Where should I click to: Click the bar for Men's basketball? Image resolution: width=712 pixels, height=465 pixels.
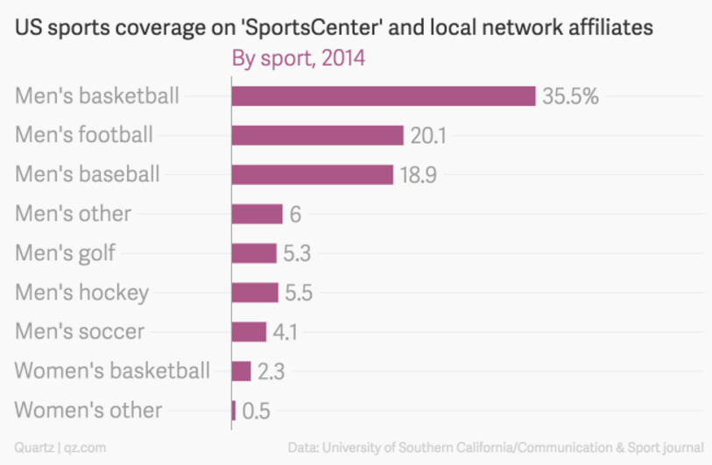pos(383,96)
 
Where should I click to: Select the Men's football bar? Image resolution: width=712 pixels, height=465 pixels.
pos(317,135)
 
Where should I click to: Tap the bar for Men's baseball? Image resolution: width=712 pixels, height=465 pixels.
pos(312,174)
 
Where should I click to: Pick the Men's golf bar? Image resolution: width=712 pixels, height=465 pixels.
pos(254,253)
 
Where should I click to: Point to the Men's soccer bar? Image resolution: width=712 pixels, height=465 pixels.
pos(249,332)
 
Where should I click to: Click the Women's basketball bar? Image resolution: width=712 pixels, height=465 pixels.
pos(241,371)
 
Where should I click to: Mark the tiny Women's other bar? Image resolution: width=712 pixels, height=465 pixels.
pos(234,410)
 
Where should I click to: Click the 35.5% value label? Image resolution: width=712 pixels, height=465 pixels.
pos(570,96)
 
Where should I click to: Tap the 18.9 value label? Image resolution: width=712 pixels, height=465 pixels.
pos(419,174)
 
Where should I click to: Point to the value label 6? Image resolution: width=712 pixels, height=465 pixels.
pos(295,214)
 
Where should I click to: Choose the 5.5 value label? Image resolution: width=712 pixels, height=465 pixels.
pos(300,292)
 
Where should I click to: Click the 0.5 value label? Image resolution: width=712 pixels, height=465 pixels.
pos(256,410)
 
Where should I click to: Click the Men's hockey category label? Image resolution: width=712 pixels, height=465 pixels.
pos(81,292)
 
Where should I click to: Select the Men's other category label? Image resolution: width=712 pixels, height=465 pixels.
pos(73,214)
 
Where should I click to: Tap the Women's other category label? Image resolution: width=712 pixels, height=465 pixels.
pos(88,410)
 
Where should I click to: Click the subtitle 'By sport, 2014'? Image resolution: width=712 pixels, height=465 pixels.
pos(298,60)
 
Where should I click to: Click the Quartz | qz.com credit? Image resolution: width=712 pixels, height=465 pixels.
pos(60,447)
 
